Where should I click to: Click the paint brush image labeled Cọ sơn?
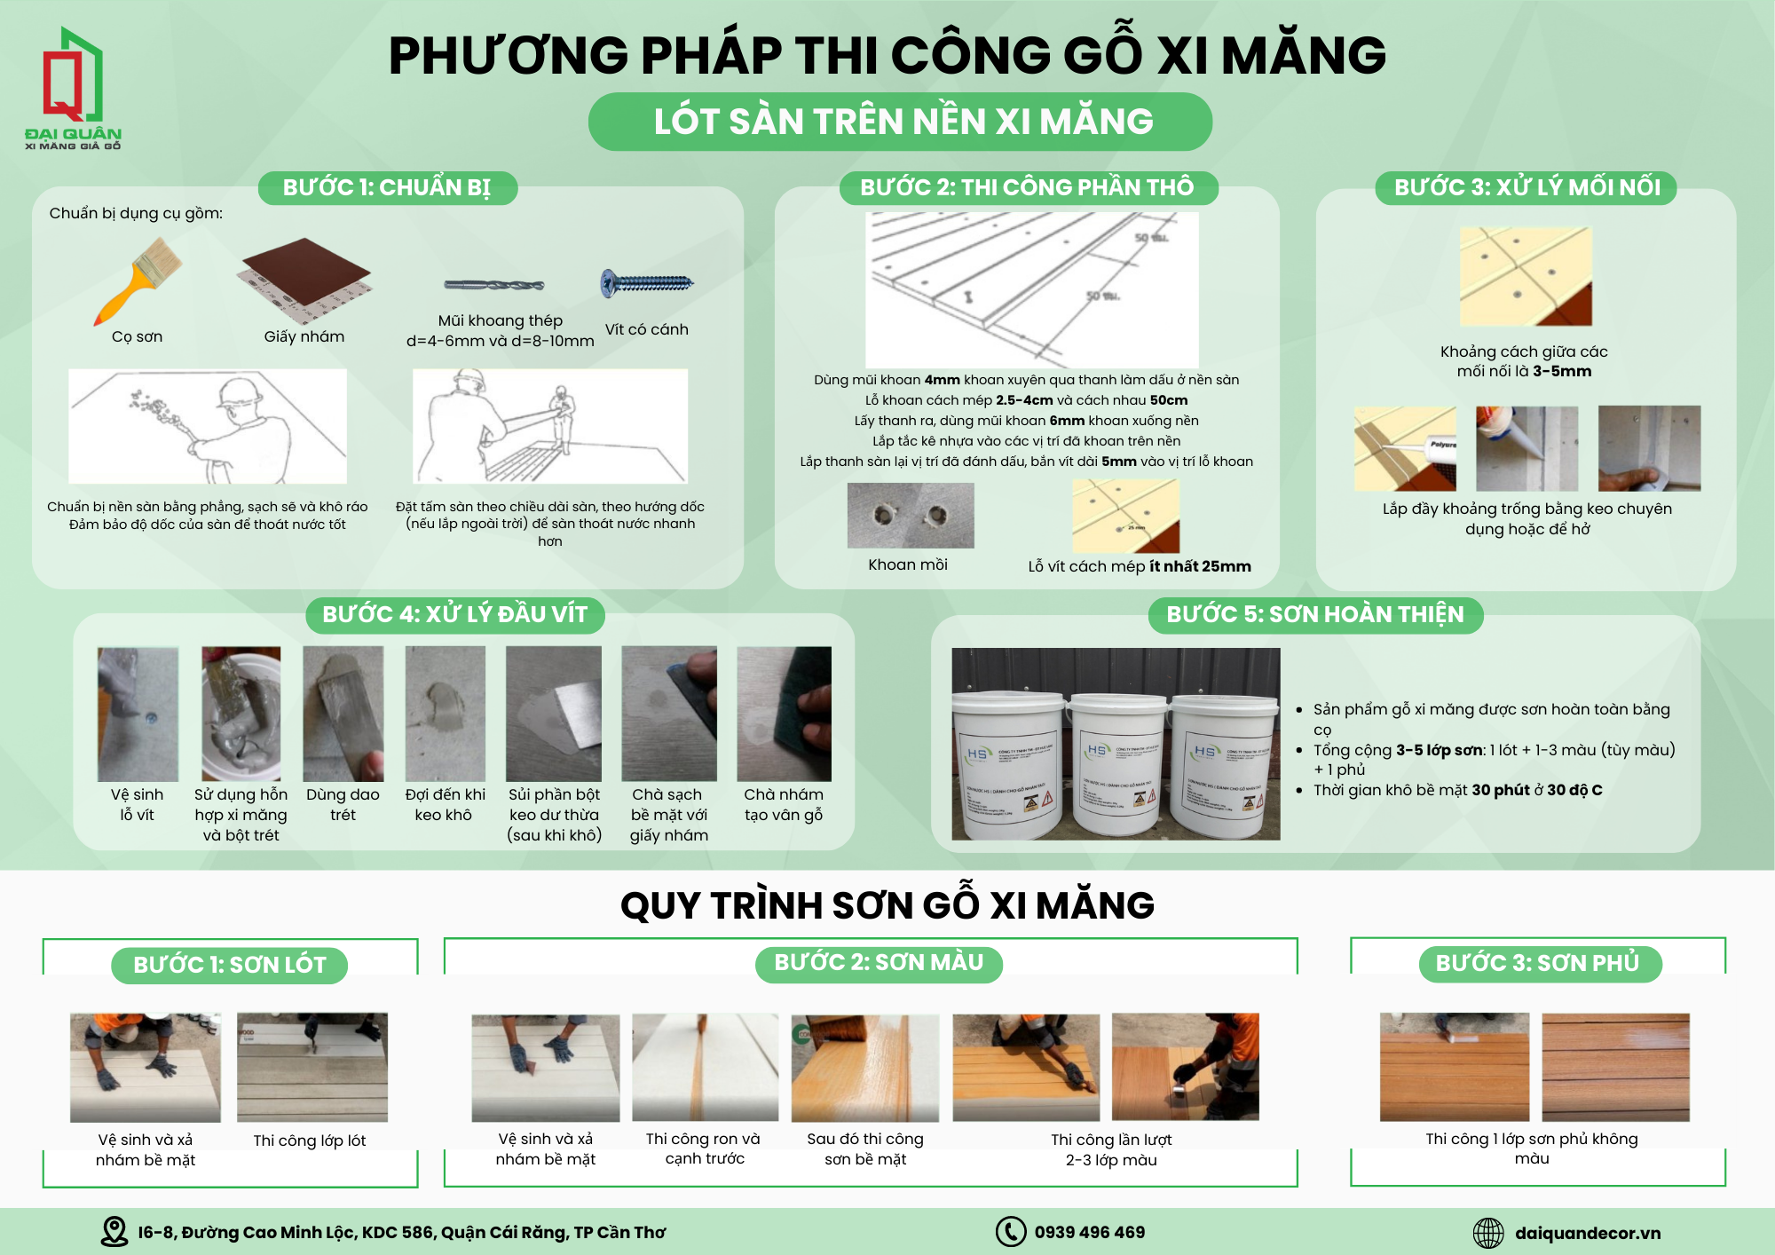click(139, 280)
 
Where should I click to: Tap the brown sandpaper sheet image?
click(305, 278)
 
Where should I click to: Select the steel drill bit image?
click(494, 285)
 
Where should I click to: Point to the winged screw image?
click(647, 284)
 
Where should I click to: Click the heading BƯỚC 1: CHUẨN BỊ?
click(387, 187)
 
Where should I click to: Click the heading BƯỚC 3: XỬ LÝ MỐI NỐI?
click(1526, 187)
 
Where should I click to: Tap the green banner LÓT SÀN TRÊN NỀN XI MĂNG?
click(901, 122)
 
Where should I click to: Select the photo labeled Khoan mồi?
click(911, 516)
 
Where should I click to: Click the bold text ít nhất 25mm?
click(1200, 566)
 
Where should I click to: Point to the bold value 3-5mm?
click(1562, 371)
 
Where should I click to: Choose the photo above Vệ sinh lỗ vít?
click(138, 714)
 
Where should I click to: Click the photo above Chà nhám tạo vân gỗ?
click(784, 714)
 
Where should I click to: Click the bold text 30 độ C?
click(1574, 790)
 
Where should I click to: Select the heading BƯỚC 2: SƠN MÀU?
click(879, 963)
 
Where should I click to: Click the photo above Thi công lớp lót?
click(312, 1067)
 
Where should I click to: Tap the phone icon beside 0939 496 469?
click(1010, 1232)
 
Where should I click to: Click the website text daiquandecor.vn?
click(1587, 1233)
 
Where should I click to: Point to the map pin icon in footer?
click(114, 1231)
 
